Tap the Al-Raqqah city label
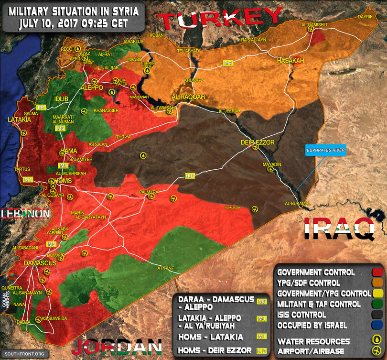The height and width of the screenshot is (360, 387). coord(188,97)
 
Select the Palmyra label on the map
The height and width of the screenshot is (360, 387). coord(148,192)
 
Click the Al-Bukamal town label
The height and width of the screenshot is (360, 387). coord(297,204)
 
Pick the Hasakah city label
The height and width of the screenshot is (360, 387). coord(290,61)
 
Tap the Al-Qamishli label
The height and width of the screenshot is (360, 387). coord(313,23)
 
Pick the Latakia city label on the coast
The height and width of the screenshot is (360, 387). coord(19,120)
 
